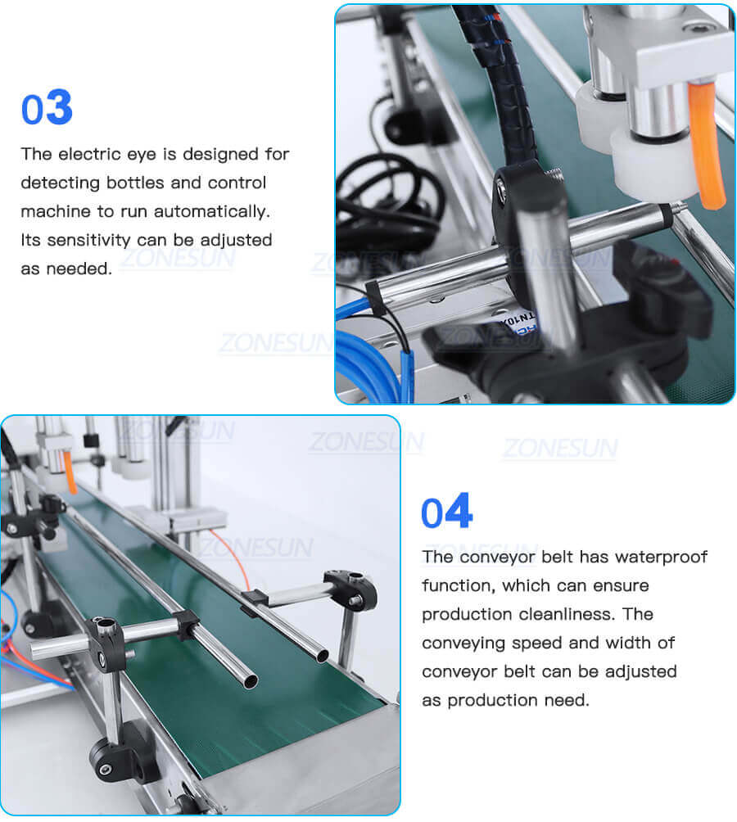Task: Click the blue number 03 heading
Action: [47, 109]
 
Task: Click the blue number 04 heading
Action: [446, 512]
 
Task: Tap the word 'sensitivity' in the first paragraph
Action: [88, 240]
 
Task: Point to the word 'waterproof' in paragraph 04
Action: [661, 557]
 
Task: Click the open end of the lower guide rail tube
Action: [246, 680]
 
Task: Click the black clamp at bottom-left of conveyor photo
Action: [115, 757]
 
